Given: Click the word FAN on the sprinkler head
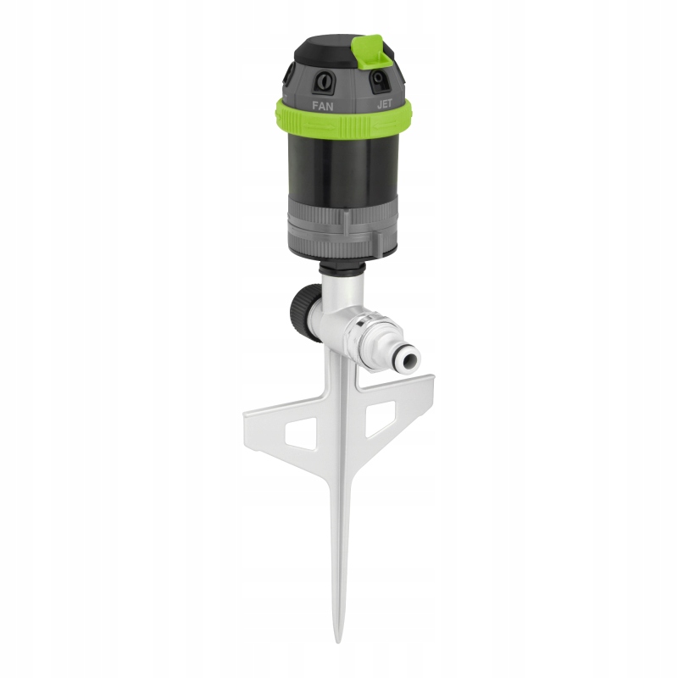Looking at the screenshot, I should pyautogui.click(x=322, y=107).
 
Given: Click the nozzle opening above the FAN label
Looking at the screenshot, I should pyautogui.click(x=323, y=83).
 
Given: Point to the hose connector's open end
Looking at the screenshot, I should pyautogui.click(x=409, y=358).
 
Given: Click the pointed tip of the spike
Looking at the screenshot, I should pyautogui.click(x=338, y=639).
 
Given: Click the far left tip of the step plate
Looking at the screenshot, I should pyautogui.click(x=245, y=415).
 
